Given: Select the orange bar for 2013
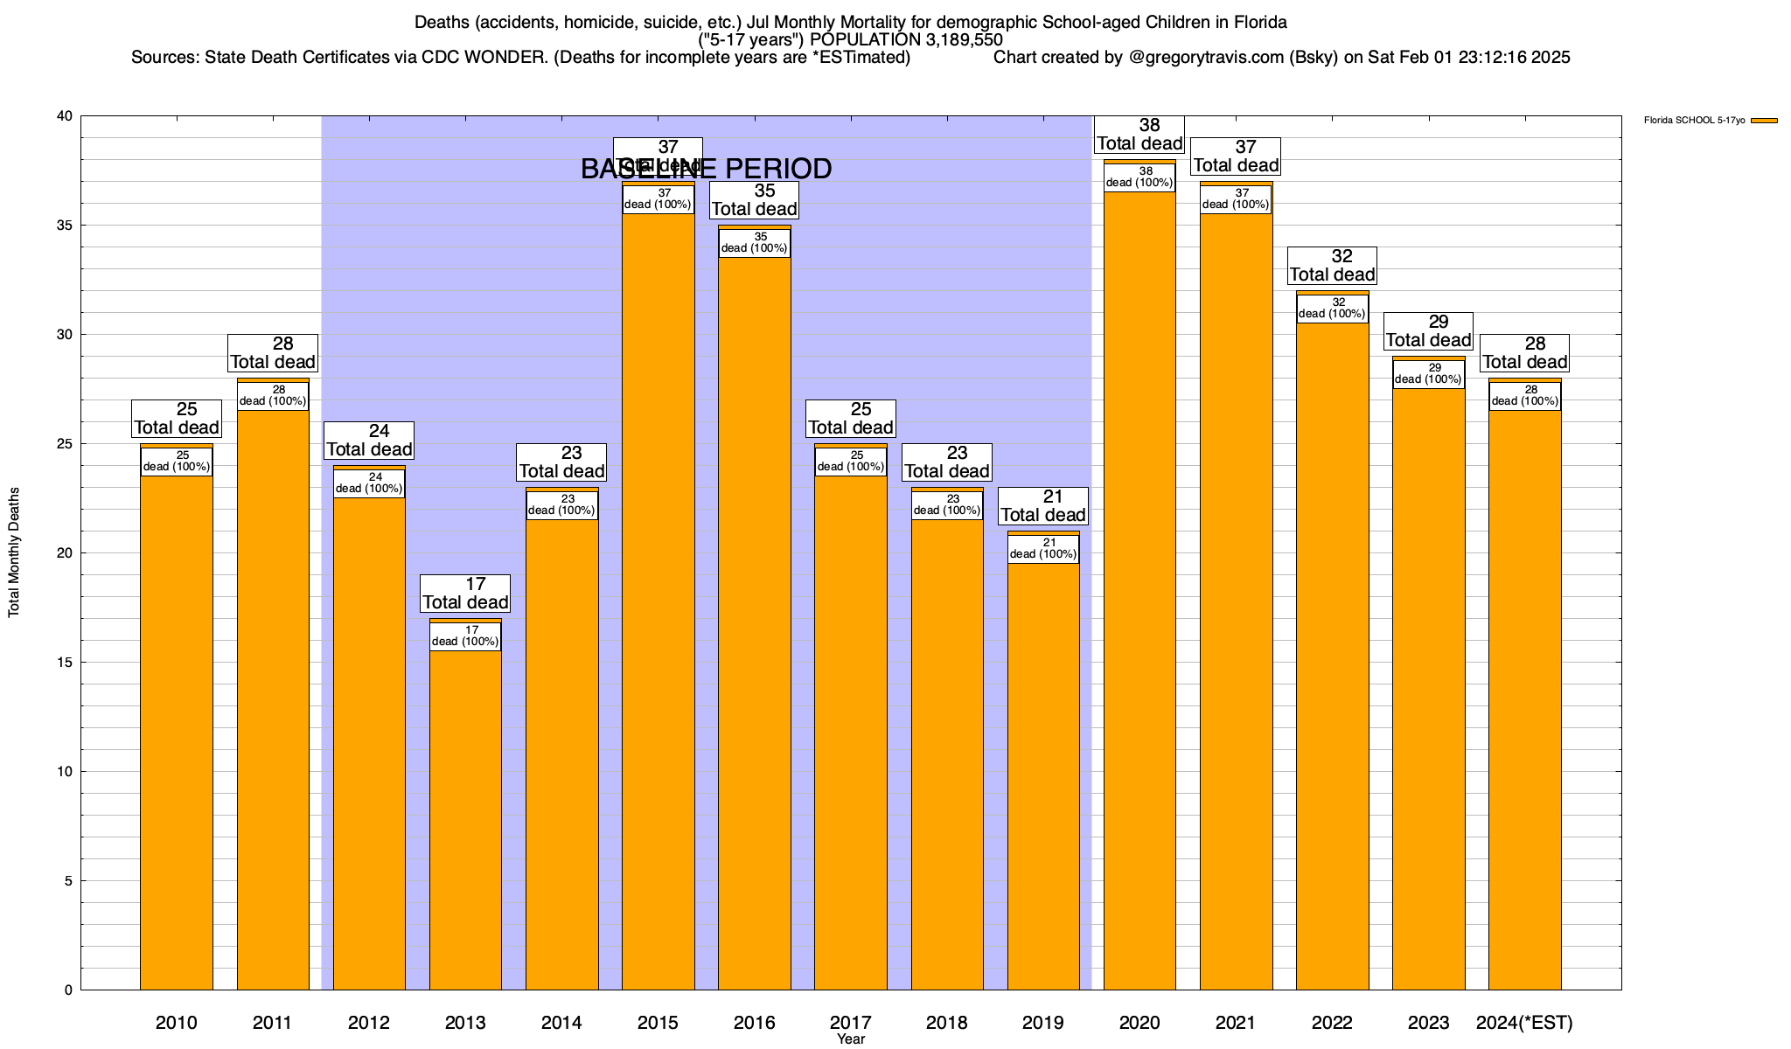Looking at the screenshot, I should (x=465, y=822).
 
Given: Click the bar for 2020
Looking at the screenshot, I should (x=1139, y=594).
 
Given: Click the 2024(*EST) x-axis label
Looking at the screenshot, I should (x=1524, y=1023).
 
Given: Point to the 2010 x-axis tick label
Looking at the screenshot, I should (x=177, y=1023).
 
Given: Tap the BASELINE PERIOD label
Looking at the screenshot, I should (x=707, y=169).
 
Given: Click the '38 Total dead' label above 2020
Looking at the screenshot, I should (x=1139, y=135).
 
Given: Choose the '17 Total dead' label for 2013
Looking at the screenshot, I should (x=465, y=594).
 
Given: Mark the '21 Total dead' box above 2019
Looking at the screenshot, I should (x=1043, y=506).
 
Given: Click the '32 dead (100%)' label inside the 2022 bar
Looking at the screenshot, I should (x=1332, y=309).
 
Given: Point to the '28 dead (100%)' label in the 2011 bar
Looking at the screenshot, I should (x=273, y=396).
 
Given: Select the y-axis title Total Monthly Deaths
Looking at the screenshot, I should (x=14, y=552).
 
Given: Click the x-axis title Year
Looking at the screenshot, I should (x=850, y=1039).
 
